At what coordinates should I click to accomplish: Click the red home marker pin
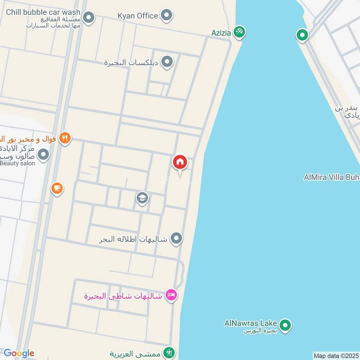click(x=180, y=162)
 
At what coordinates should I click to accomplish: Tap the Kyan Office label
click(x=138, y=16)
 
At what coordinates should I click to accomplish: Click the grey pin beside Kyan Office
click(x=167, y=15)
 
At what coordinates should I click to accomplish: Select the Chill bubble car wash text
click(x=43, y=12)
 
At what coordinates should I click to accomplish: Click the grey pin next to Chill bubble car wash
click(x=89, y=18)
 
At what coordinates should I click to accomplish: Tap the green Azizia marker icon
click(x=239, y=31)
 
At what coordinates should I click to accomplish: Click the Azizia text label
click(x=221, y=33)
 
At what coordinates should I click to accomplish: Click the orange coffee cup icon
click(x=57, y=188)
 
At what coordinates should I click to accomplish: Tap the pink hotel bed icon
click(x=171, y=295)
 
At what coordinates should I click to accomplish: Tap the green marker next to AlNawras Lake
click(x=284, y=324)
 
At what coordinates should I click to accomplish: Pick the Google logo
click(x=18, y=353)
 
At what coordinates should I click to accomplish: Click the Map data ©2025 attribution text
click(x=336, y=355)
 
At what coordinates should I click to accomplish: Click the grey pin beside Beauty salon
click(x=43, y=155)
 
